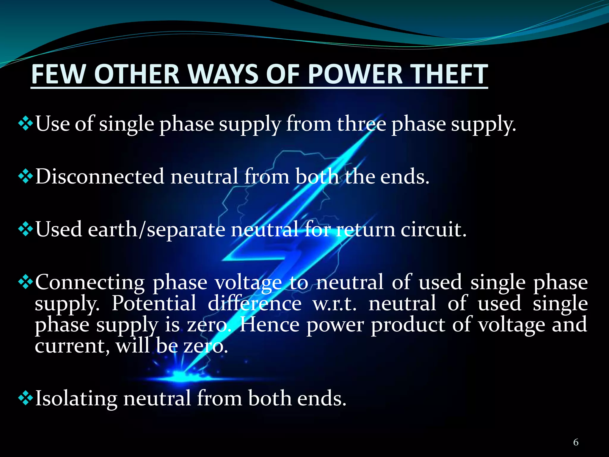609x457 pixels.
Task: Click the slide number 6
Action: [x=576, y=442]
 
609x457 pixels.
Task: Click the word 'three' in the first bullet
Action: [x=361, y=123]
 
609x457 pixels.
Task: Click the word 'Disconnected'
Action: [x=100, y=176]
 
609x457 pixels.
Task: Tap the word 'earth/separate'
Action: [x=156, y=229]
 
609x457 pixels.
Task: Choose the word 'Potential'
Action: [x=154, y=303]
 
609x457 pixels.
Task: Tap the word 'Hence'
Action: [x=269, y=325]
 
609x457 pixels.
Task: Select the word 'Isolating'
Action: [x=76, y=398]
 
